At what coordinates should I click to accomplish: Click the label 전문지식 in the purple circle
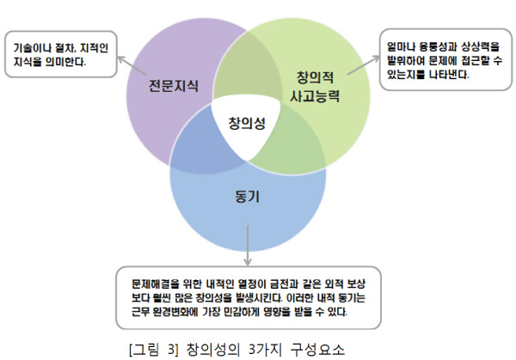click(174, 87)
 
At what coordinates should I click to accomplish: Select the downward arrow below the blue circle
click(248, 248)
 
